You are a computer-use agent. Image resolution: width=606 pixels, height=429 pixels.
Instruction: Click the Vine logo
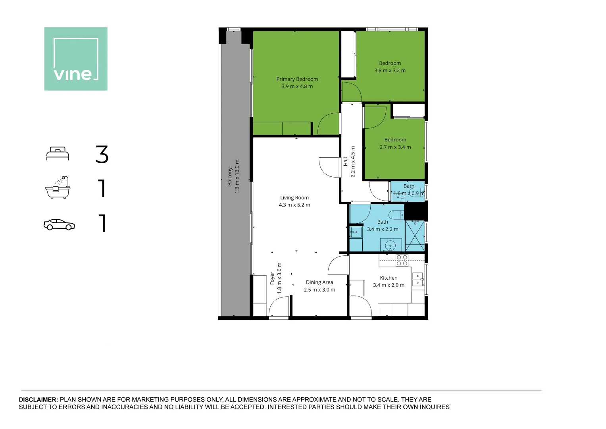[x=76, y=59]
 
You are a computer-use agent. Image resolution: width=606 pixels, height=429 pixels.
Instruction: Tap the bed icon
[x=58, y=154]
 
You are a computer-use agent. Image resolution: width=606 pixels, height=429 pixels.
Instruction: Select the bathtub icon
[x=58, y=187]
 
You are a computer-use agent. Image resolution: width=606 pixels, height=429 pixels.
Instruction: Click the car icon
[x=59, y=224]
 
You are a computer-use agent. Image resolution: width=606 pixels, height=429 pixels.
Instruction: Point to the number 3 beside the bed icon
[x=102, y=154]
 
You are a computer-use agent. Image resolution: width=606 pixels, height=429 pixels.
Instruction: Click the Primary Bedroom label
[x=297, y=79]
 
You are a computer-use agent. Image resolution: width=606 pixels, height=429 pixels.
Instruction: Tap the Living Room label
[x=294, y=197]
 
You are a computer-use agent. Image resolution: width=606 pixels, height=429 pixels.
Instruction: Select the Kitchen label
[x=389, y=278]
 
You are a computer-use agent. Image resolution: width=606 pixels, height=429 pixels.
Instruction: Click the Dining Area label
[x=319, y=282]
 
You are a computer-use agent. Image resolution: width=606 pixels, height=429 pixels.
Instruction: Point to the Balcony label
[x=229, y=176]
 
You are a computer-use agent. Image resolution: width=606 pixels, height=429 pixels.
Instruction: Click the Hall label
[x=345, y=162]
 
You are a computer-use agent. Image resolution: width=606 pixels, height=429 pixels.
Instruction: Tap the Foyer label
[x=272, y=278]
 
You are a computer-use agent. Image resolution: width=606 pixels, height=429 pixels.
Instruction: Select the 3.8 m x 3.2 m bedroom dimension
[x=390, y=70]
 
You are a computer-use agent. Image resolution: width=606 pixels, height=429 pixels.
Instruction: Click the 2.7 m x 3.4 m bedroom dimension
[x=395, y=147]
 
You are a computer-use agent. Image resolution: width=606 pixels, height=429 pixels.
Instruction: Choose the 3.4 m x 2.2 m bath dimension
[x=382, y=229]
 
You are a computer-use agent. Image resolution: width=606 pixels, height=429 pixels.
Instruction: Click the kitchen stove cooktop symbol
[x=402, y=261]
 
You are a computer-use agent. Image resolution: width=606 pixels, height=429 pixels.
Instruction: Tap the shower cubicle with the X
[x=415, y=236]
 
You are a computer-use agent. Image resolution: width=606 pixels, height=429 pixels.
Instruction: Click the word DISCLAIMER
[x=38, y=400]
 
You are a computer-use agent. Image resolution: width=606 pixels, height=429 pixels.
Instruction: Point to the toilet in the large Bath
[x=396, y=215]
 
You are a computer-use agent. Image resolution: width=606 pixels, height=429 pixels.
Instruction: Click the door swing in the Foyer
[x=278, y=308]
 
